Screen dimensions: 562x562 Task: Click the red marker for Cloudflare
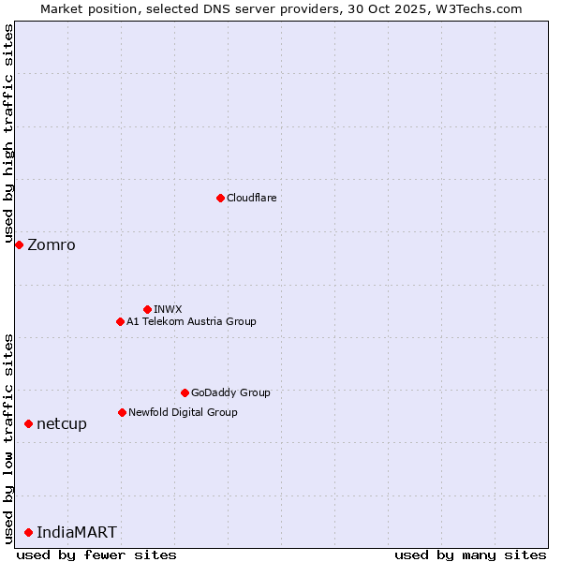tap(220, 198)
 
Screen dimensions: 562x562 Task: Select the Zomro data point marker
tap(19, 244)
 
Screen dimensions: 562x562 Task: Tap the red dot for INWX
tap(147, 309)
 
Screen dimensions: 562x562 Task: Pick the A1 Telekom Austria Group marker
tap(120, 321)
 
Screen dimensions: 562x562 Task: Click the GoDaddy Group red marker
tap(185, 392)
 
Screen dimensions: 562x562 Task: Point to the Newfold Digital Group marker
tap(122, 412)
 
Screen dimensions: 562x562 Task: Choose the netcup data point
tap(28, 424)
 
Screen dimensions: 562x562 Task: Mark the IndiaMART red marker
tap(28, 532)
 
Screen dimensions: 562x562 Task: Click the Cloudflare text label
tap(251, 198)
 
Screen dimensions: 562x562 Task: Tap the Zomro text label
tap(52, 245)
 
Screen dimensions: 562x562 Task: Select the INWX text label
tap(168, 309)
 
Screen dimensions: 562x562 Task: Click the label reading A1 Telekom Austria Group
tap(191, 321)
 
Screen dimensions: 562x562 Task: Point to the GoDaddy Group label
tap(230, 392)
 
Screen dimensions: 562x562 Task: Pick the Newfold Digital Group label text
tap(183, 412)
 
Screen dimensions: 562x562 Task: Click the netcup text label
tap(62, 424)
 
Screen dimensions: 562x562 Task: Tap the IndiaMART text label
tap(77, 533)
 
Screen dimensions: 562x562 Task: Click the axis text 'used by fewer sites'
tap(96, 555)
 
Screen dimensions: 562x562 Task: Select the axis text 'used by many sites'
tap(470, 555)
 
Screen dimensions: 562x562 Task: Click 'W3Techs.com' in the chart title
tap(478, 8)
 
